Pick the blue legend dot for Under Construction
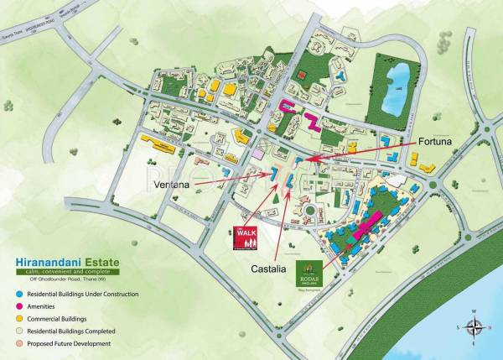(x=20, y=295)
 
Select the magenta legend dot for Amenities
(x=20, y=307)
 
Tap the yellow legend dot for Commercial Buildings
(x=20, y=320)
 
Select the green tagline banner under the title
(x=65, y=272)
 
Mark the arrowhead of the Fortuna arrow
(x=299, y=158)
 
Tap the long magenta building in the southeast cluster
(x=370, y=225)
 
